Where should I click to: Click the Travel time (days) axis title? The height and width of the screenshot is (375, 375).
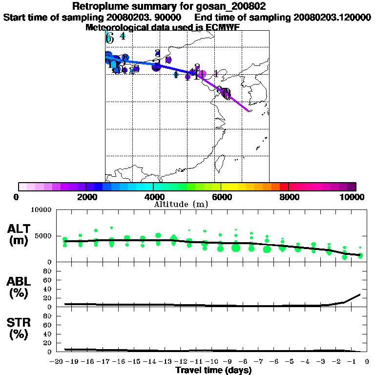coord(213,371)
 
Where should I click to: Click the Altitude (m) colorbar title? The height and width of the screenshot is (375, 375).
coord(181,204)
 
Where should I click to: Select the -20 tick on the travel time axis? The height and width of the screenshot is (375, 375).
coord(57,362)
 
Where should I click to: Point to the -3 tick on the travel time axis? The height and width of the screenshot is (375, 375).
coord(322,362)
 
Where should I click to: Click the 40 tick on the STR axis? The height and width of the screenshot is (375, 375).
coord(48,334)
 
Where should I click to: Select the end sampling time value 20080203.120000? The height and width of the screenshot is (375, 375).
coord(332,17)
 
